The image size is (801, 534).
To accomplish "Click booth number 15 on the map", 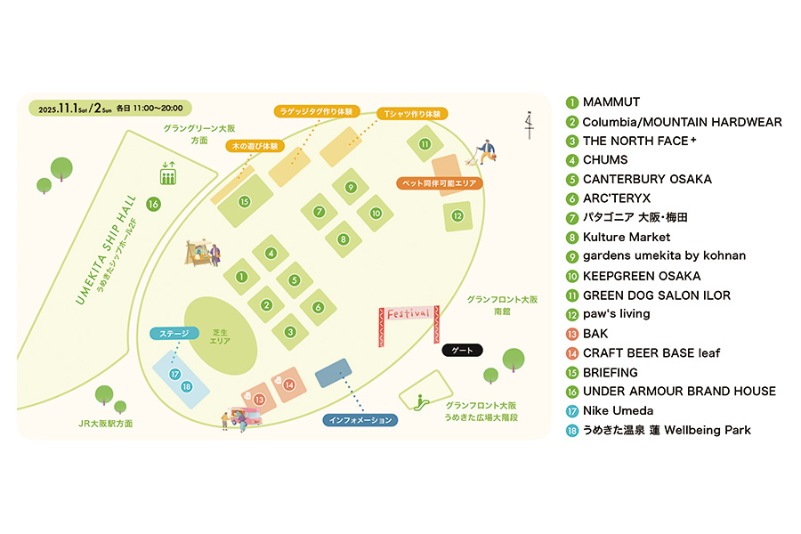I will click(x=244, y=201).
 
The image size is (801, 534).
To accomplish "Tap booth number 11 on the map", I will click(x=425, y=143).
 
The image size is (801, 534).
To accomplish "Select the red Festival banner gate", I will click(x=409, y=314).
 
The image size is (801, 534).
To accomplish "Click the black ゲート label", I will click(x=462, y=350).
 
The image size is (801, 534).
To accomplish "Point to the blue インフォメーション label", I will click(x=360, y=420).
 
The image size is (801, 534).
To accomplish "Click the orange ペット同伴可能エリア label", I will click(x=441, y=183).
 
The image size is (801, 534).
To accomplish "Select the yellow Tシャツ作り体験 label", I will click(x=411, y=114).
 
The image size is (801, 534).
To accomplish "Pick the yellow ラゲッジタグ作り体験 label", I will click(x=317, y=112).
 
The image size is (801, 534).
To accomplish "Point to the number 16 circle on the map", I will click(x=153, y=205).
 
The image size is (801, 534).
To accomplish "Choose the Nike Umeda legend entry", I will click(x=617, y=410).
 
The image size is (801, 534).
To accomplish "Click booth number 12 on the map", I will click(x=457, y=215).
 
